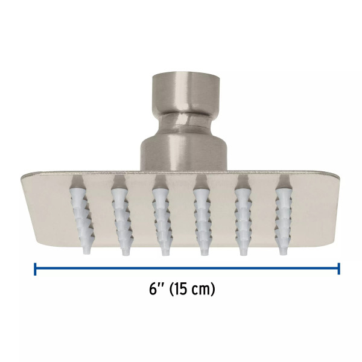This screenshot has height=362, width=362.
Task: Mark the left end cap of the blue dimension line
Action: tap(36, 268)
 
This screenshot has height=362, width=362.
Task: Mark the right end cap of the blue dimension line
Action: tap(339, 268)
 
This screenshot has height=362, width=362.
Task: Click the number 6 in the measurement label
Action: tap(153, 289)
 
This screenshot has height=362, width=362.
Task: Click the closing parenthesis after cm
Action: tap(212, 290)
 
